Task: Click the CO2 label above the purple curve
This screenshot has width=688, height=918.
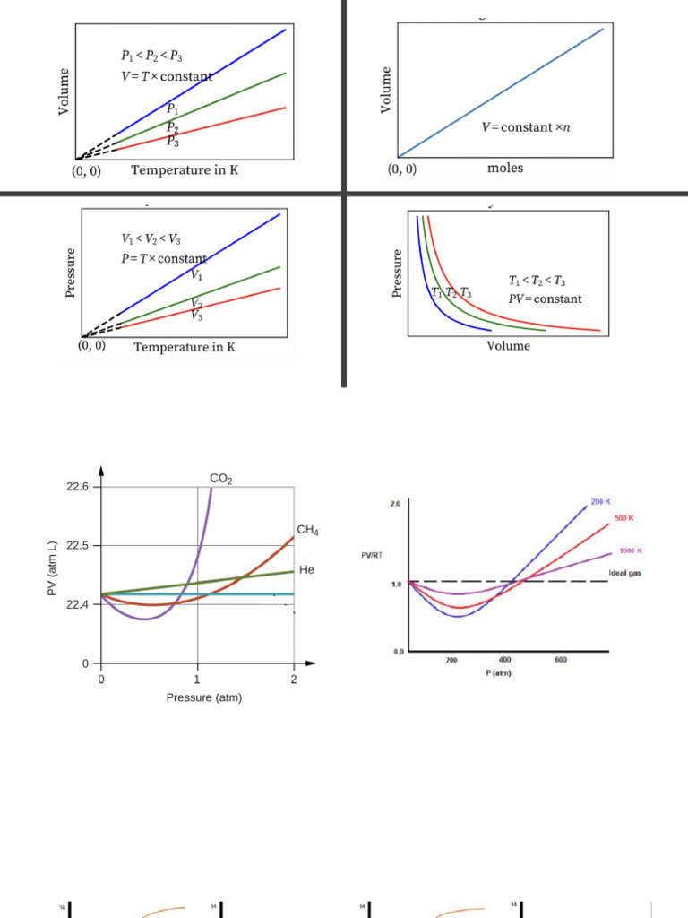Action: [221, 480]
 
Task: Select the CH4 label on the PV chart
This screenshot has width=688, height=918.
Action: [307, 531]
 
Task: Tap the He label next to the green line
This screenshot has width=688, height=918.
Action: [306, 570]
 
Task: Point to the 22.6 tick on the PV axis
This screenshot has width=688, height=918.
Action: [78, 487]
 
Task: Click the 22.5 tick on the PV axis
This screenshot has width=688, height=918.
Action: [78, 546]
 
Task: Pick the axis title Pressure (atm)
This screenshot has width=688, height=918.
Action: [203, 697]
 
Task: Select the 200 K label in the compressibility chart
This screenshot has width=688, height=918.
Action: [600, 500]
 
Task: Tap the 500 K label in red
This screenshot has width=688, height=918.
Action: [623, 518]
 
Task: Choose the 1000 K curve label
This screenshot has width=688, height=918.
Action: [631, 550]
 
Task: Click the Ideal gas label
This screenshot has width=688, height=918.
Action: [624, 573]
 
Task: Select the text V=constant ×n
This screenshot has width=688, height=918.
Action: [526, 127]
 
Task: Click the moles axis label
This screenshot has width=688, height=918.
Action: [504, 169]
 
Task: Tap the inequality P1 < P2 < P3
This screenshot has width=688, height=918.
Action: [152, 56]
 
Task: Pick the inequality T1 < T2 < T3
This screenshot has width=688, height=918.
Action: [540, 281]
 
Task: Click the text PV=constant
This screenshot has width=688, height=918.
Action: [545, 299]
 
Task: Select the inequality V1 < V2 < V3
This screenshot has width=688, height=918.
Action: [152, 239]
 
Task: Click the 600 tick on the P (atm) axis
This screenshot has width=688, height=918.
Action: [560, 660]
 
